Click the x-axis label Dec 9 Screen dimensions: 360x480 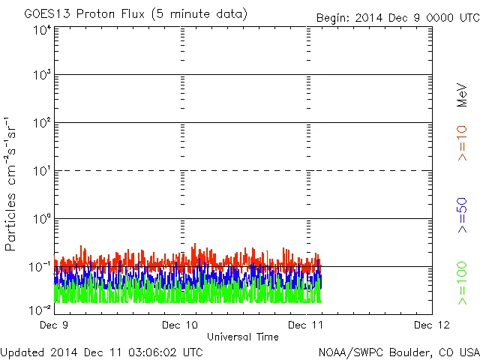point(54,325)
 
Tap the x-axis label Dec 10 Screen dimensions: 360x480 point(181,325)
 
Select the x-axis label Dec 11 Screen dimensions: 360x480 point(306,325)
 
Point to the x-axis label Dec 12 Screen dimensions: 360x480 point(432,325)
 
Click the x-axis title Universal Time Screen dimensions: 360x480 point(243,337)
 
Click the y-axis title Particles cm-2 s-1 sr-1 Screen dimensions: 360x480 point(13,184)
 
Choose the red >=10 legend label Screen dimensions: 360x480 point(462,143)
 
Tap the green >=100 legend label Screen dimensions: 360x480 point(462,283)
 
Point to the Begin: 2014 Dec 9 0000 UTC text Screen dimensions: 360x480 point(397,17)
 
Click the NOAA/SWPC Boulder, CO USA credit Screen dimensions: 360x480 point(398,351)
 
